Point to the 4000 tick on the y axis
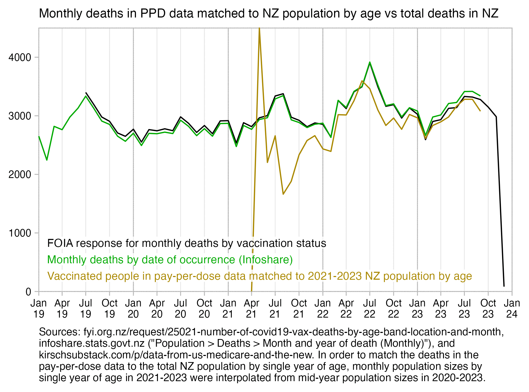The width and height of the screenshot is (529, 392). [x=23, y=57]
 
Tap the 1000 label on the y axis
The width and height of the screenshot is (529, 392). [x=23, y=233]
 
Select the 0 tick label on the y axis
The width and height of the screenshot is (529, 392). [x=28, y=292]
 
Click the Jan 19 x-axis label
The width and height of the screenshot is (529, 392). [x=39, y=309]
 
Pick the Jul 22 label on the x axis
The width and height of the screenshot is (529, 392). [x=370, y=309]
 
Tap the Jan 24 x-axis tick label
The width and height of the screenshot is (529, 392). [x=512, y=309]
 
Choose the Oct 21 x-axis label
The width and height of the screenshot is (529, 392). [x=299, y=309]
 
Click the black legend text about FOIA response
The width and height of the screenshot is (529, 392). [x=186, y=243]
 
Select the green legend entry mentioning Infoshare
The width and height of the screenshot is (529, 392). [x=170, y=260]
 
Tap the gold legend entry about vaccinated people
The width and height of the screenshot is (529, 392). [x=259, y=276]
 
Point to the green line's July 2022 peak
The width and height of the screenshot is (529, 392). [x=370, y=62]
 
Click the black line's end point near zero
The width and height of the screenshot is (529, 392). [x=504, y=286]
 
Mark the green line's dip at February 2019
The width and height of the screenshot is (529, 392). [x=47, y=160]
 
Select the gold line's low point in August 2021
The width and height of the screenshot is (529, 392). [x=283, y=194]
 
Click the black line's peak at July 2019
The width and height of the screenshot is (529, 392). [x=86, y=93]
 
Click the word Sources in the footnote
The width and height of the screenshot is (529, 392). [x=60, y=332]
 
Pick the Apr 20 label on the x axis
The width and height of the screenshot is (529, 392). [x=157, y=309]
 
